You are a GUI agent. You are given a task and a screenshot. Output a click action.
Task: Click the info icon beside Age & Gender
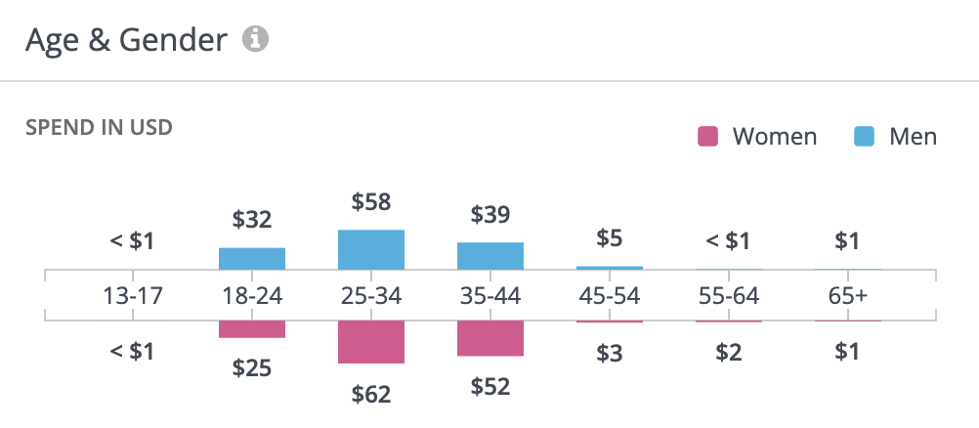pos(256,40)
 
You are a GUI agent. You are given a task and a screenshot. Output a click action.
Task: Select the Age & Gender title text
pos(126,40)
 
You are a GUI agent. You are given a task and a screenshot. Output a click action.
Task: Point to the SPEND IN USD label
pos(99,128)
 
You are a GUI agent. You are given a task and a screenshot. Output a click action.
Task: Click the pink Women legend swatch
pos(708,137)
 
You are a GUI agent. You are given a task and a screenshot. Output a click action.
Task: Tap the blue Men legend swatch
pos(864,137)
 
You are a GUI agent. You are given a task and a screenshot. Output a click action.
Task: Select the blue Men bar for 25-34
pos(371,250)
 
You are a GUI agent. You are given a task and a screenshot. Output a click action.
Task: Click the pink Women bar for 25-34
pos(371,342)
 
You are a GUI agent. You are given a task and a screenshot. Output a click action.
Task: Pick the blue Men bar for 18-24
pos(252,259)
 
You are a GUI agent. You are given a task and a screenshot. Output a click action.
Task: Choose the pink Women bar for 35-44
pos(490,338)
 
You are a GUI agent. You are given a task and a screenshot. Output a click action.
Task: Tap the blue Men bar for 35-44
pos(490,256)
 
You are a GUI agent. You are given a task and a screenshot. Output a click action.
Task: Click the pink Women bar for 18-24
pos(252,329)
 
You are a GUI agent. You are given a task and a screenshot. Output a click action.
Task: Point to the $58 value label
pos(371,203)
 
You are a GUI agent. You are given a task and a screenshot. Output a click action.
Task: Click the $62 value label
pos(371,395)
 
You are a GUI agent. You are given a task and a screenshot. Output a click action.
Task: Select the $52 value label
pos(490,387)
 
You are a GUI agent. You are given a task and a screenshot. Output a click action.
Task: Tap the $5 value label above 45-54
pos(610,238)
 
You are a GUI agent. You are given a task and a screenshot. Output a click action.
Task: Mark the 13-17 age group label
pos(133,295)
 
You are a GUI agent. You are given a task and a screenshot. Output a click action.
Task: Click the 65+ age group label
pos(848,295)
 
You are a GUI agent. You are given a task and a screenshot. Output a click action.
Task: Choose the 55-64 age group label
pos(729,295)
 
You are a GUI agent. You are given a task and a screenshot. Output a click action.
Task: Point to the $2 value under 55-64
pos(729,353)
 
